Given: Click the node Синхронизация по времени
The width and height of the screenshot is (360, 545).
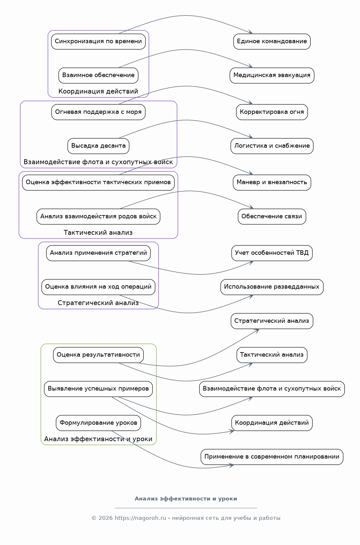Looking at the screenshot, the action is click(98, 42).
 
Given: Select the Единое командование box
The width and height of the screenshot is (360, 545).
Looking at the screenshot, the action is click(272, 42).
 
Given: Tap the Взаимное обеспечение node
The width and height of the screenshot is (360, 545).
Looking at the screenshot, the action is click(98, 75).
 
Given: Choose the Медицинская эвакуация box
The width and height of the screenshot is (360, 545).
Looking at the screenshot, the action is click(272, 75).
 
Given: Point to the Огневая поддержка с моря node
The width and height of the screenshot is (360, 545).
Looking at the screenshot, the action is click(98, 112).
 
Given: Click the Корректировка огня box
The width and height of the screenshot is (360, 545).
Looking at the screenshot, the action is click(272, 112).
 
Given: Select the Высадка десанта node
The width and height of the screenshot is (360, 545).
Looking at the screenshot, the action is click(98, 146).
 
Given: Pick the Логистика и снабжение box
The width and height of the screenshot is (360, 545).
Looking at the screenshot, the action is click(272, 146).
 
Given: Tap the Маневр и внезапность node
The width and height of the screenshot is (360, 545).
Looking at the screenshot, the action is click(272, 183).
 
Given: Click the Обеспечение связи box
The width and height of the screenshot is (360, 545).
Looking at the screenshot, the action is click(272, 216).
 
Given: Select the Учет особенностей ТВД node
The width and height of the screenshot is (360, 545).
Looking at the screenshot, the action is click(272, 253).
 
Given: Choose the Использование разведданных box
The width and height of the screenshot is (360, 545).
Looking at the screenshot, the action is click(272, 287).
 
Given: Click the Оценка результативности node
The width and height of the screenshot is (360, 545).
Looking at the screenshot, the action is click(98, 355).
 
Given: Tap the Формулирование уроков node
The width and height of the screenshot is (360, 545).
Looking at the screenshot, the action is click(98, 423).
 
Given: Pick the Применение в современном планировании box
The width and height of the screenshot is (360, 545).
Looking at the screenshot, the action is click(272, 457).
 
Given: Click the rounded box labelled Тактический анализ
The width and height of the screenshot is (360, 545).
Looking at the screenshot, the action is click(272, 355).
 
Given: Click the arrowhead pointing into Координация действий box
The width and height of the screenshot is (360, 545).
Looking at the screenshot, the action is click(232, 431).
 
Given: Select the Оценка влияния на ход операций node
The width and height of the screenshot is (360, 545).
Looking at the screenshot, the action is click(98, 287).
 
